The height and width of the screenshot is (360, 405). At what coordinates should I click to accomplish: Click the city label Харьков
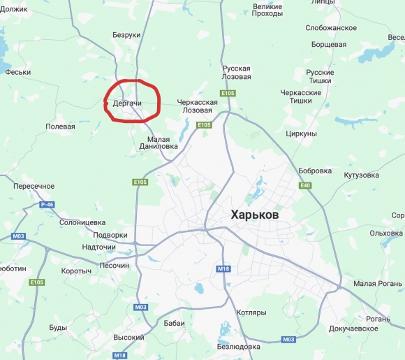254,215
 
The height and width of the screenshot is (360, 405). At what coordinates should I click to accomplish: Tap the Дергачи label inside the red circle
127,103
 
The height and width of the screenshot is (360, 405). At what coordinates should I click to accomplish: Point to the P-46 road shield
47,204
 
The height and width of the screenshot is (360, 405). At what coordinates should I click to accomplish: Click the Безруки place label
126,35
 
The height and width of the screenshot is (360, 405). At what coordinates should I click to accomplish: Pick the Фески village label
17,71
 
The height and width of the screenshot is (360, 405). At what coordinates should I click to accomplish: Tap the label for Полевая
60,127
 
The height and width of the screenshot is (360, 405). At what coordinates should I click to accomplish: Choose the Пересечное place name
34,186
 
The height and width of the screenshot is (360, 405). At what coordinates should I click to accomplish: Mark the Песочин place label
114,266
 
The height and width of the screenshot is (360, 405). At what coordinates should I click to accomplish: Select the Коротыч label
77,271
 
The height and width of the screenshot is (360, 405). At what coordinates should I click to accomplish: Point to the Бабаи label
174,324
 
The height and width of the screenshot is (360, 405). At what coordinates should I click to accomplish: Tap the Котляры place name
251,312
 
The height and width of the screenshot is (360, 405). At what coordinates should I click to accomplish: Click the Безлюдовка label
238,346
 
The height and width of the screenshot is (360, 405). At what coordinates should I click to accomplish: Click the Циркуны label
302,134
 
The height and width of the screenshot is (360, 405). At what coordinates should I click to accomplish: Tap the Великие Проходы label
267,10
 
